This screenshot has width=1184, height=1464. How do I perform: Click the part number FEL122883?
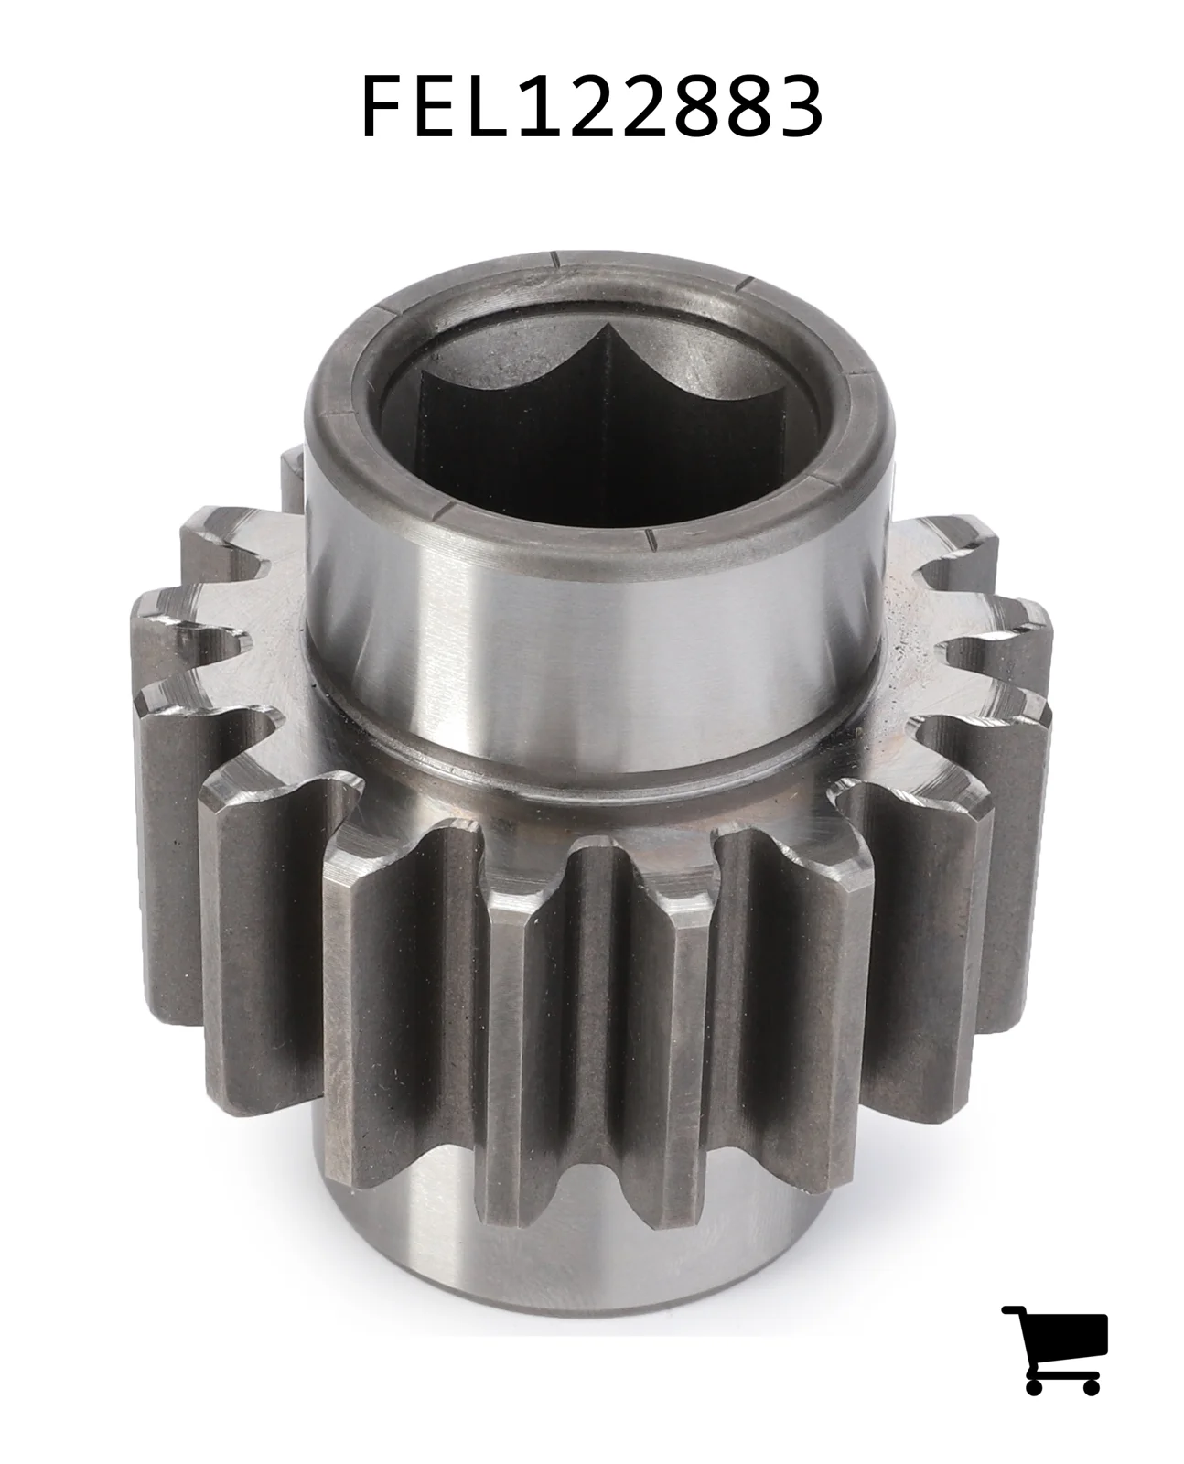tap(592, 106)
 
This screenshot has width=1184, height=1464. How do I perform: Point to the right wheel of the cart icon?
tap(1089, 1383)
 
